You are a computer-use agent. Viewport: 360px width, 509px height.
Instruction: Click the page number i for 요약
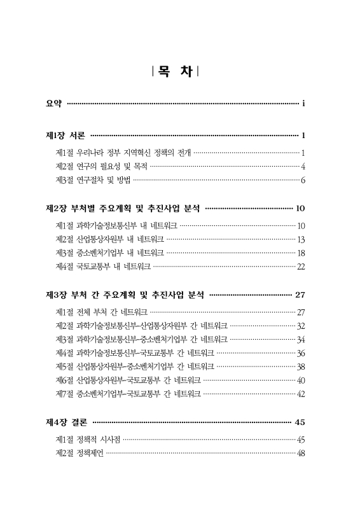(305, 103)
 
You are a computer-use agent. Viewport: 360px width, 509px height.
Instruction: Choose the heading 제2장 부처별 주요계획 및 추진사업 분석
(123, 209)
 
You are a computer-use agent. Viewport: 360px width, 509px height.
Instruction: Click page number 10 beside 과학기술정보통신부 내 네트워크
(301, 225)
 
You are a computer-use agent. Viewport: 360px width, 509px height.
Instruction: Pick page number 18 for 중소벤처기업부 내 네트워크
(301, 253)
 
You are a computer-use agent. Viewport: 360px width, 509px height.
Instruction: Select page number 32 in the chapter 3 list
(301, 325)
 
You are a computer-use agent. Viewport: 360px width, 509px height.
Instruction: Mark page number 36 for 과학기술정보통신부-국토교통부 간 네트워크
(301, 352)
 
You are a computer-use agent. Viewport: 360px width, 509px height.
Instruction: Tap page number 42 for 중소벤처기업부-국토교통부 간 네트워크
(301, 394)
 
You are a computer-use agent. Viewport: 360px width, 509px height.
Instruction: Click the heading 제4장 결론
(67, 422)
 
